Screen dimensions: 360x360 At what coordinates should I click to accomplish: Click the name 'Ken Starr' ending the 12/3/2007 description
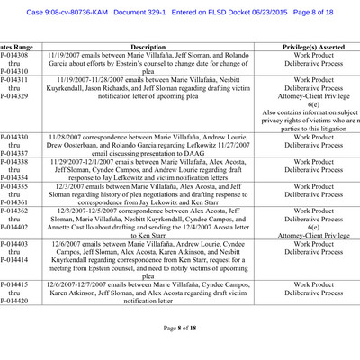(210, 202)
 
